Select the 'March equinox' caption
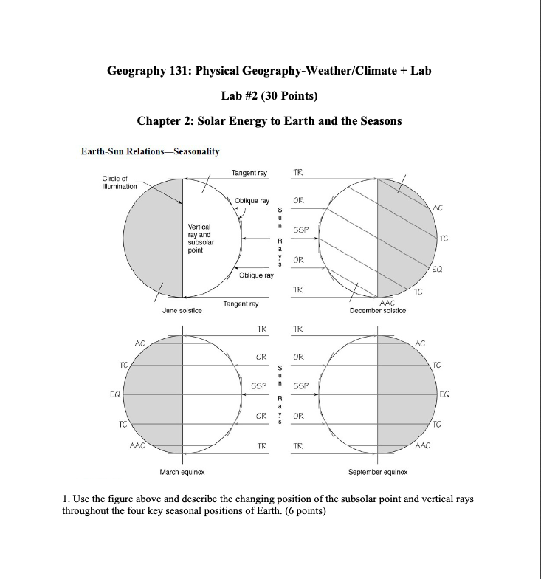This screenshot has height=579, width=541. [182, 471]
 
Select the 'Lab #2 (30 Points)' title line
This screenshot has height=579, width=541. [270, 95]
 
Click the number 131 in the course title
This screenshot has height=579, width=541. [177, 70]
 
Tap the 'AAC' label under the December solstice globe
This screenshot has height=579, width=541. [387, 303]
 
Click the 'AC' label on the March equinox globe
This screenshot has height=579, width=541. [139, 343]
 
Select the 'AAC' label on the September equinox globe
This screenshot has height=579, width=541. [424, 445]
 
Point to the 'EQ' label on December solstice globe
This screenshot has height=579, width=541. [438, 271]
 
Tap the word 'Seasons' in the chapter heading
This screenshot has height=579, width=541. [378, 120]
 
